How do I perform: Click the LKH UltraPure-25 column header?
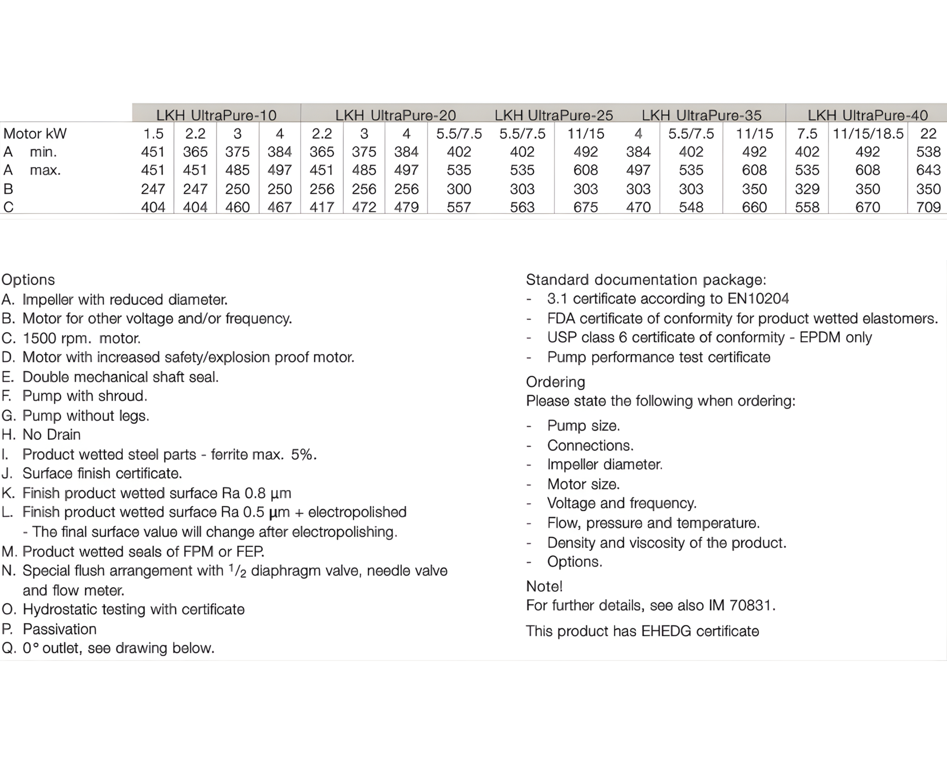pos(553,115)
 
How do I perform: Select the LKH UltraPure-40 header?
pos(867,115)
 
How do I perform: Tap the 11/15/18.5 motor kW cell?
pos(868,133)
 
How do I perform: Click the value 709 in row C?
pos(928,207)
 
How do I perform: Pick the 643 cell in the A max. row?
pos(928,170)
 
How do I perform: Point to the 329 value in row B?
pos(807,189)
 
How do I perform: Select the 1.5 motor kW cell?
pos(153,133)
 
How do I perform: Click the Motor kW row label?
pos(35,133)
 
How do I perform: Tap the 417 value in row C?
pos(321,207)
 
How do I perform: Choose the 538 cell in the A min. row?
pos(928,152)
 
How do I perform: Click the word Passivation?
pos(59,629)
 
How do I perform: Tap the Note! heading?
pos(544,586)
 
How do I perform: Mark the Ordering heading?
pos(555,382)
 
